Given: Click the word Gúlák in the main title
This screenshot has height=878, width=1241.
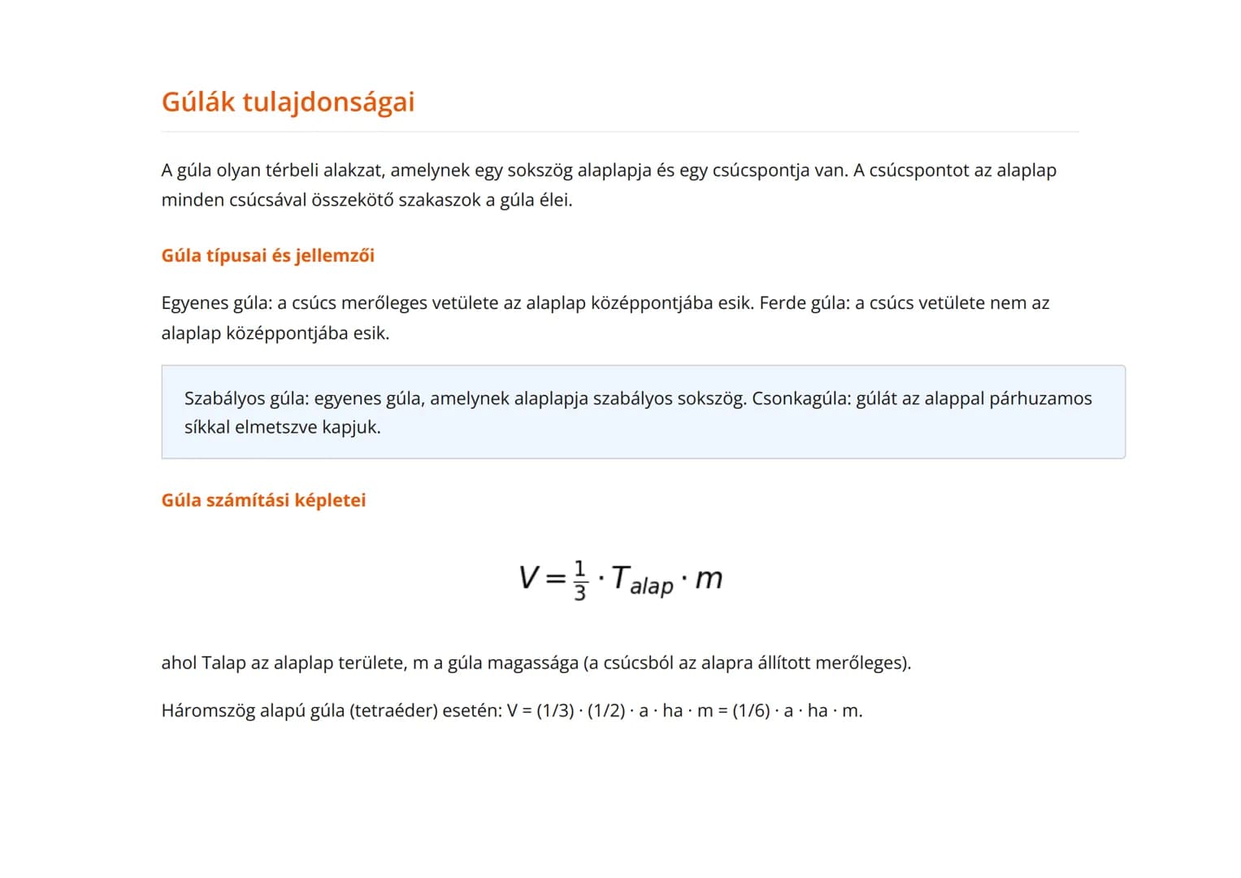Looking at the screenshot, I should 197,102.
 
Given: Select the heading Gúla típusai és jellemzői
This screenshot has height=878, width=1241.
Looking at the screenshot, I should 267,256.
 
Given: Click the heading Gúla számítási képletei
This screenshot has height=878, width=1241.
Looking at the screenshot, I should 263,501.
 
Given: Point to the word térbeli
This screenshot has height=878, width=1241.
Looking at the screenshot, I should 292,171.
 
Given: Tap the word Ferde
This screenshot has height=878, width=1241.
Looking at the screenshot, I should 782,303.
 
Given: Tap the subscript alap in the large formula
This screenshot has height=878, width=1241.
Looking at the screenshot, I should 652,586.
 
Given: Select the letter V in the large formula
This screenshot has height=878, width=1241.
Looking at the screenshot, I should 528,578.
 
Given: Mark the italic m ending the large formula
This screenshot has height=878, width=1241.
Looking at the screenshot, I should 709,579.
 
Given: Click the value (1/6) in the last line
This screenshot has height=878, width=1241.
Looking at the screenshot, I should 751,711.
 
